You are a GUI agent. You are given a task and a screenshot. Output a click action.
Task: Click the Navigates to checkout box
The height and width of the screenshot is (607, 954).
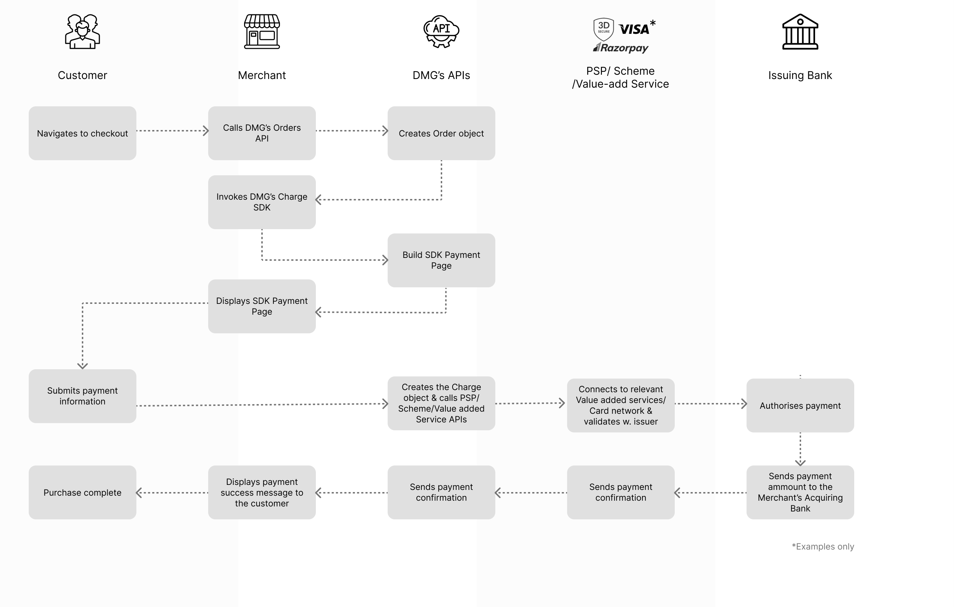(83, 133)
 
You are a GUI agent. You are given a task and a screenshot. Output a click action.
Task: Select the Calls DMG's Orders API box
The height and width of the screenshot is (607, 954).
(262, 133)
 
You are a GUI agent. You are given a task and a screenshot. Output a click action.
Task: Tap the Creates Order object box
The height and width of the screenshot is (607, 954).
(441, 133)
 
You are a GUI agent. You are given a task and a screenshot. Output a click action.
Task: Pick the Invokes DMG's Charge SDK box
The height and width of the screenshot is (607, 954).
(262, 202)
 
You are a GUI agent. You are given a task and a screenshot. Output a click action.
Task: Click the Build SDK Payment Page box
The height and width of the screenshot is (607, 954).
(441, 260)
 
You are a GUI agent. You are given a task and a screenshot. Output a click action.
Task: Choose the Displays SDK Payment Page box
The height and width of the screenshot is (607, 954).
(262, 306)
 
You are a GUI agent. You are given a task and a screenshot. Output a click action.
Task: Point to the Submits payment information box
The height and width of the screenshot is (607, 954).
(83, 396)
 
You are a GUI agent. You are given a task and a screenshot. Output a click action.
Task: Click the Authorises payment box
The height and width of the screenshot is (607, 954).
(800, 406)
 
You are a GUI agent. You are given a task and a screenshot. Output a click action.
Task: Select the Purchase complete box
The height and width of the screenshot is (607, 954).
(83, 492)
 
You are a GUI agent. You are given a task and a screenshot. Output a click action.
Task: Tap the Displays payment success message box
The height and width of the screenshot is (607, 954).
(262, 492)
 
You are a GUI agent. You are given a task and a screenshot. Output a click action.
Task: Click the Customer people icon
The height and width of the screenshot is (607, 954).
(83, 32)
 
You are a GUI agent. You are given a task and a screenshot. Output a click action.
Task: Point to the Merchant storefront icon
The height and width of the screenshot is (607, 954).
(262, 32)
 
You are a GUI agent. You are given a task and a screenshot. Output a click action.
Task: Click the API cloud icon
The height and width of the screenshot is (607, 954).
(441, 32)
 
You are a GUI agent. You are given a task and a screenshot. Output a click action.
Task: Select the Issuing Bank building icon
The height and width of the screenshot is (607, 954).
(800, 32)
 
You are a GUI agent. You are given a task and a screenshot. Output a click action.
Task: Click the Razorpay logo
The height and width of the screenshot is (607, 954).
(621, 48)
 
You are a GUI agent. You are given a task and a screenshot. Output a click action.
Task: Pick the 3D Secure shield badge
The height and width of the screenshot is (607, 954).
(603, 28)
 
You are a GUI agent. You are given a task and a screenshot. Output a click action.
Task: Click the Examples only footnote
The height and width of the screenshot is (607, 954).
(823, 546)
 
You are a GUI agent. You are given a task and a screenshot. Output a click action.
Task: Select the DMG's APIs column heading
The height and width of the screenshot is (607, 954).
(441, 75)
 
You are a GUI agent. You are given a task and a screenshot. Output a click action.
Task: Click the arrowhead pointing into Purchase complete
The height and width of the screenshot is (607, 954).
(139, 493)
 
